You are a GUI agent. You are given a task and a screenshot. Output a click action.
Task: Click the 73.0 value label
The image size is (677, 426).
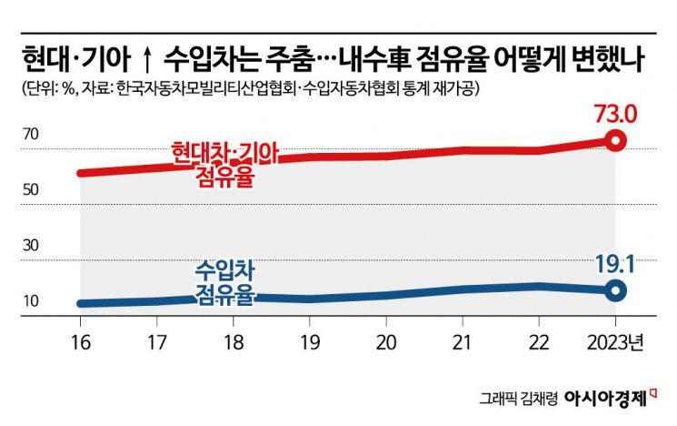coord(615,116)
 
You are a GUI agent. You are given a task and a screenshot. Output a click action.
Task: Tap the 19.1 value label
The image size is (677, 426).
coord(615,265)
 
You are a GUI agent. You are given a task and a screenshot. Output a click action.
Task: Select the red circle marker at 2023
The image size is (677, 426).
coord(616,141)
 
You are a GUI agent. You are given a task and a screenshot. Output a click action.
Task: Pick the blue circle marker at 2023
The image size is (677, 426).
coord(616,291)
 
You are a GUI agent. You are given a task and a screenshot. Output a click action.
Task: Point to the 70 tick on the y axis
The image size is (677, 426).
coord(32,134)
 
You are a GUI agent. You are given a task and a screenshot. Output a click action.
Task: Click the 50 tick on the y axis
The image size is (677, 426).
coord(32,190)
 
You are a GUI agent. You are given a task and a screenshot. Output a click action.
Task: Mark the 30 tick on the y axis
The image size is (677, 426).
coord(32,246)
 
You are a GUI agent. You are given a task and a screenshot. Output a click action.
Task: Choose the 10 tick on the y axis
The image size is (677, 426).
coord(32,302)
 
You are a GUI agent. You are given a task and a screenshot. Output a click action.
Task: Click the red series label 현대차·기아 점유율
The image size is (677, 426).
coord(224,164)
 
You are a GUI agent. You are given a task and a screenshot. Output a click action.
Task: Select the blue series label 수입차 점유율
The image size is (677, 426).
coord(224,281)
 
